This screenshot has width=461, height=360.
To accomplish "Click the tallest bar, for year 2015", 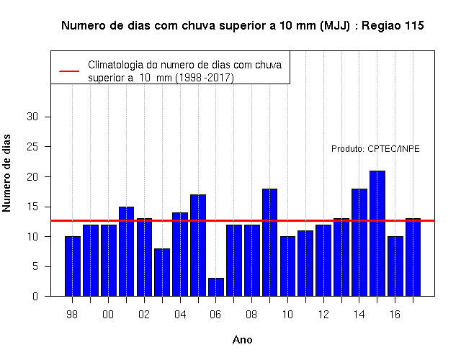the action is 377,233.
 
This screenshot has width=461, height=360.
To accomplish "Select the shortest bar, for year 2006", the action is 216,287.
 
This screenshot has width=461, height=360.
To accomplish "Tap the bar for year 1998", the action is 73,266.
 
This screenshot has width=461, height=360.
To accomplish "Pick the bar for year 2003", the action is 162,272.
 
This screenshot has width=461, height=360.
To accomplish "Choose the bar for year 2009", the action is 269,243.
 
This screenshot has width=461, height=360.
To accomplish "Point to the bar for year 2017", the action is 413,258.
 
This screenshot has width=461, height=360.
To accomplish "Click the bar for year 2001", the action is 127,251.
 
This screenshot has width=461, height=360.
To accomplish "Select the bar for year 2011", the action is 305,264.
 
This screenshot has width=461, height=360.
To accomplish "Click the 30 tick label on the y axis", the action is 32,117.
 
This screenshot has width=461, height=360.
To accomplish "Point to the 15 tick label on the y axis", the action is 32,207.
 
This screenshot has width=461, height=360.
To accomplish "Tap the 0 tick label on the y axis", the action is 35,296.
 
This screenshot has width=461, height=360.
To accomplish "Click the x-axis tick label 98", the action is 72,315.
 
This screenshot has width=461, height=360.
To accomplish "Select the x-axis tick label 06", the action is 215,315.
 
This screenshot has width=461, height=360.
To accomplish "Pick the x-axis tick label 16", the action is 395,315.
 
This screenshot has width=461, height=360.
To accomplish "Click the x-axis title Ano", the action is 242,340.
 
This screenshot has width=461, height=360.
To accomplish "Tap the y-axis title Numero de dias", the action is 6,173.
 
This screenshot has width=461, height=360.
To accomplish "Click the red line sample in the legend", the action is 69,71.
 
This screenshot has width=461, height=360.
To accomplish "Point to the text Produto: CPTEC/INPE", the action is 375,149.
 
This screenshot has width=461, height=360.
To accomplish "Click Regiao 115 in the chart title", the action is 393,26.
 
